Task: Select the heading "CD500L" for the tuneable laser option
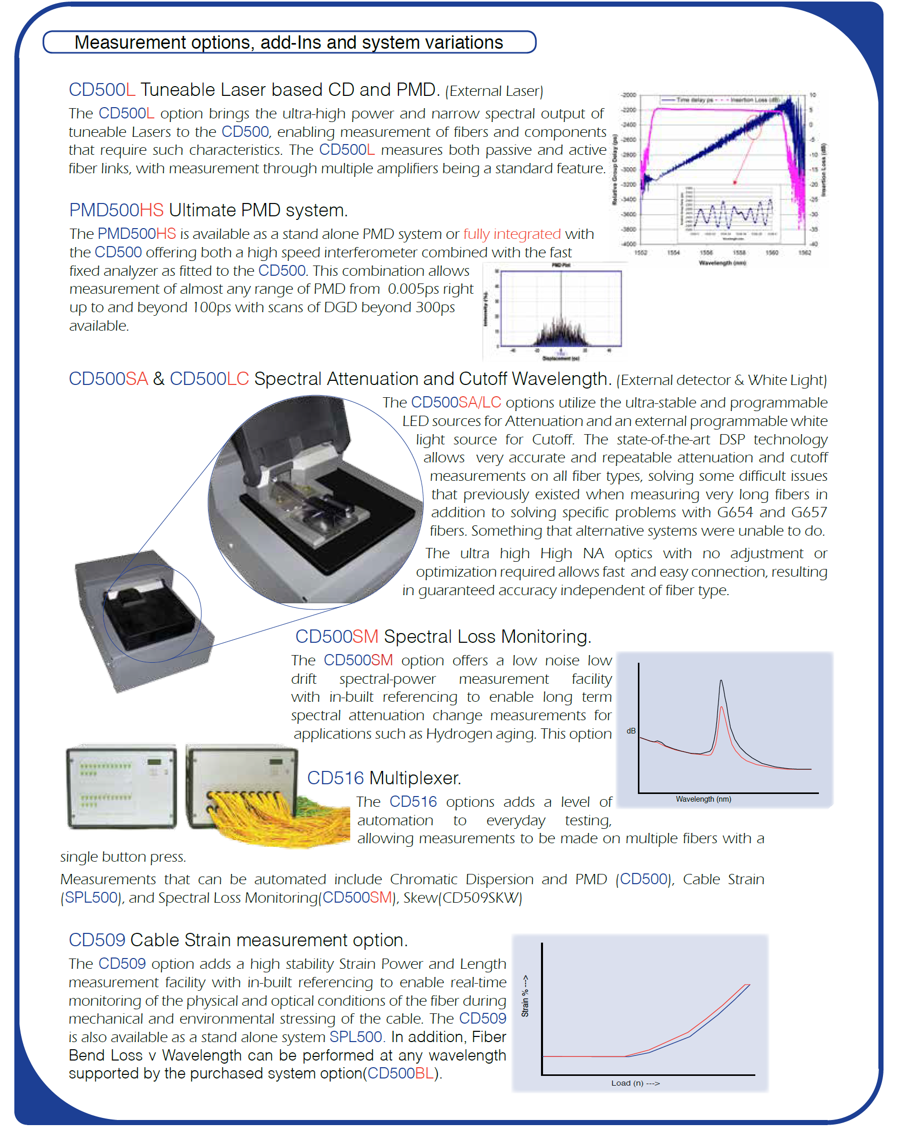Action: coord(102,90)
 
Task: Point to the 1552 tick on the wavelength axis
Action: coord(641,253)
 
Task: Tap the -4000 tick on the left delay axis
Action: coord(629,244)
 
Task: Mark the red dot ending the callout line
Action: coord(735,182)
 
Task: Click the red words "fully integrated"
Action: coord(512,234)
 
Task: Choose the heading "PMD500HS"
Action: coord(116,210)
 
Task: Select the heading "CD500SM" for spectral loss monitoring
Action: coord(336,636)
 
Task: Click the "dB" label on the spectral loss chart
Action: coord(631,731)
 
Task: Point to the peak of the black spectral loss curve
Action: coord(721,681)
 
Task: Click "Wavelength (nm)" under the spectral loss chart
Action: coord(703,799)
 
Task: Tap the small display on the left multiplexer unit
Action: coord(154,762)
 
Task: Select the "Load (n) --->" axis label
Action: coord(635,1083)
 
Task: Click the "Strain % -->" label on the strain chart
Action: coord(525,995)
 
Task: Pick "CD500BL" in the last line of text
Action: coord(400,1073)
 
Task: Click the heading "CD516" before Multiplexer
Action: coord(335,778)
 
